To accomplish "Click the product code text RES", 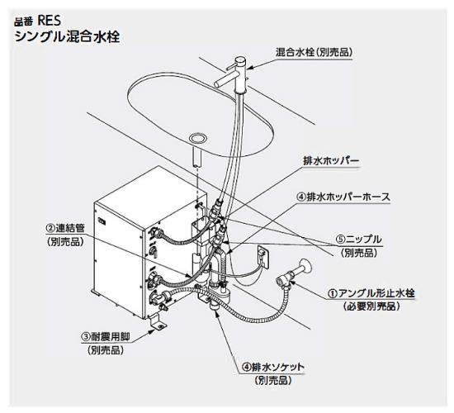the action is [x=50, y=21].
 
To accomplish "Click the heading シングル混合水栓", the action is [x=67, y=37].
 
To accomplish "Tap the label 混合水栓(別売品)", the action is [x=314, y=52].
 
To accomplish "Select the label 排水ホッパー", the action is [x=331, y=161].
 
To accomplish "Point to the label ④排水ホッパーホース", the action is [x=343, y=197].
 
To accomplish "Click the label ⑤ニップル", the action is [x=359, y=240].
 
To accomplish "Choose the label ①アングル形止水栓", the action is [x=371, y=293].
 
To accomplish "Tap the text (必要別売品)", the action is [x=371, y=306].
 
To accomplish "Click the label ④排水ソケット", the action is [x=273, y=368].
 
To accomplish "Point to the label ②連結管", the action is [x=65, y=228].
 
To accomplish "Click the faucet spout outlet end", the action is [x=217, y=83].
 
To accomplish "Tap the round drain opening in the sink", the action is [x=198, y=137].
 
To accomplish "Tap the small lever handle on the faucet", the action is [x=231, y=68].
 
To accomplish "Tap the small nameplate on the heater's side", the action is [x=102, y=221].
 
